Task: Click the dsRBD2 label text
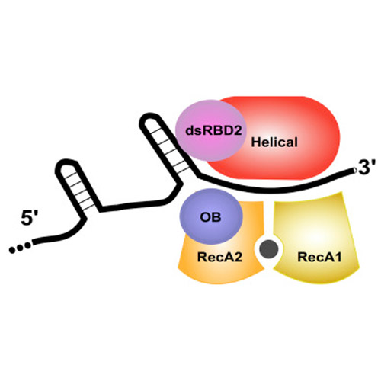coord(213,130)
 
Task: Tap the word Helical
coord(274,142)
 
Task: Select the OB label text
coord(210,217)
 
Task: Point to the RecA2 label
coord(219,257)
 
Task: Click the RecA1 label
coord(319,257)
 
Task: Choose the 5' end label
coord(30,218)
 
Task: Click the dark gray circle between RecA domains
coord(269,249)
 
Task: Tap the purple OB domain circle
coord(211,216)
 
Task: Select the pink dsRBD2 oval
coord(210,130)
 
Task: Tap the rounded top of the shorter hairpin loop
coord(66,163)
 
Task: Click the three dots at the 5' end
coord(20,248)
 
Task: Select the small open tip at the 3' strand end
coord(354,171)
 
